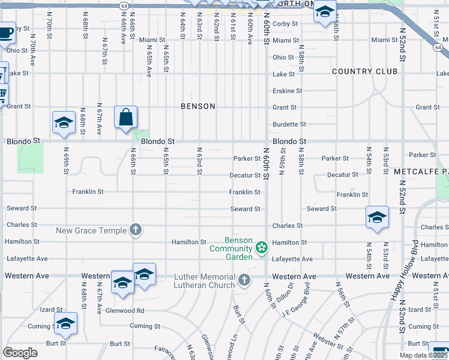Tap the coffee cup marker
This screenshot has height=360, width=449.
5,32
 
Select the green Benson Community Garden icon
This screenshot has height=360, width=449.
261,247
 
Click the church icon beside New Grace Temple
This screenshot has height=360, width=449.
136,230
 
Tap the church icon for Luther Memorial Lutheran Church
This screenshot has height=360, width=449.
244,280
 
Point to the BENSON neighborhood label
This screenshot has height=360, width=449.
197,106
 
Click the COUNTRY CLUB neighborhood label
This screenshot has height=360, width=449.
365,71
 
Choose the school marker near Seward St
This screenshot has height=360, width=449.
377,217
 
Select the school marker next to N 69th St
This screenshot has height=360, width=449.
64,123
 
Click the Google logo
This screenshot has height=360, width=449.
20,353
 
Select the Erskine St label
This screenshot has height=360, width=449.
288,91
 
